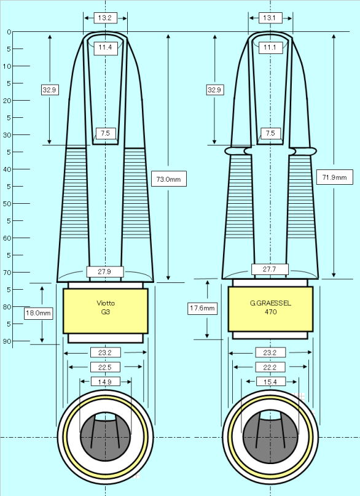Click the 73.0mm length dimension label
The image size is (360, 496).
(x=169, y=179)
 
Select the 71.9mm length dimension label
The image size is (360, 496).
(x=334, y=177)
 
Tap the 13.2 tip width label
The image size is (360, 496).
(x=105, y=18)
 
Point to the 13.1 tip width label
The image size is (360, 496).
(x=270, y=18)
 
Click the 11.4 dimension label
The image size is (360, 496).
(x=105, y=47)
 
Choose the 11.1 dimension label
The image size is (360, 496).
(x=270, y=47)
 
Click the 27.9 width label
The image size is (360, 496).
(x=105, y=271)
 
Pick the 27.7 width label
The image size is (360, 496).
(x=270, y=269)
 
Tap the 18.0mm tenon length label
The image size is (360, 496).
(x=38, y=313)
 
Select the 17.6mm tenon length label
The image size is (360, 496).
(x=203, y=308)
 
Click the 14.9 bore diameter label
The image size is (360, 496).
(x=105, y=381)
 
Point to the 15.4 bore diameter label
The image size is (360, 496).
(x=270, y=381)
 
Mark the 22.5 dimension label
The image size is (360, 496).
(x=105, y=367)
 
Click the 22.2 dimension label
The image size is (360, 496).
(x=270, y=367)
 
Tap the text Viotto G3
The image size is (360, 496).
(x=106, y=308)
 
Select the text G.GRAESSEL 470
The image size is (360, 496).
(x=270, y=308)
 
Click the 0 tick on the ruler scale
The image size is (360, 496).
(x=9, y=32)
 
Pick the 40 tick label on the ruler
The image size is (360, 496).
(x=7, y=169)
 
